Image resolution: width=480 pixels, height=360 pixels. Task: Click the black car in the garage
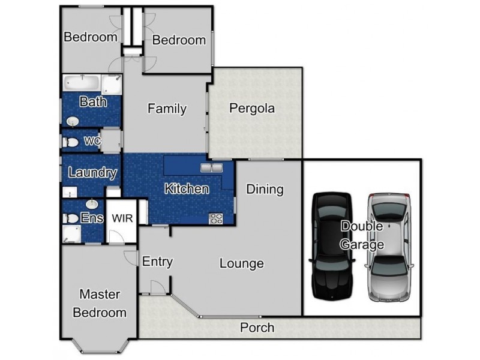click(332, 246)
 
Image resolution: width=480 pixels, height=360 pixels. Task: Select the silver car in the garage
click(389, 247)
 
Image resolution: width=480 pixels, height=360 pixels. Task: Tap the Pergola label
click(252, 109)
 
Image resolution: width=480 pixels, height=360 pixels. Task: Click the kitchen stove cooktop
click(216, 218)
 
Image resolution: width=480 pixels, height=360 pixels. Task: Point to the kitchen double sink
click(212, 168)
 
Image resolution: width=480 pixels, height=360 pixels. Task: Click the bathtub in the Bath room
click(82, 83)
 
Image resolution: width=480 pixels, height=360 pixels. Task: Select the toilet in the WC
click(70, 142)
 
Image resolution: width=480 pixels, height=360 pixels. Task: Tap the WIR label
click(122, 218)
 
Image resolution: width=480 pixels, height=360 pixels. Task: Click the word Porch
click(257, 328)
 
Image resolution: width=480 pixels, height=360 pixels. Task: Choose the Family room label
click(167, 109)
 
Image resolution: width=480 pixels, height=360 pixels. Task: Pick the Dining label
click(265, 190)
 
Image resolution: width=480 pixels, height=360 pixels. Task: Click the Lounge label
click(242, 263)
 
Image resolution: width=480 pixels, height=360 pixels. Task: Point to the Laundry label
click(92, 173)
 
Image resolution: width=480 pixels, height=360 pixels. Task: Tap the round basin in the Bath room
click(73, 122)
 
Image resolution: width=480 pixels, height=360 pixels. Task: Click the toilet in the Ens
click(71, 218)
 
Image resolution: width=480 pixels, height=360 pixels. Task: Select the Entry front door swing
click(158, 287)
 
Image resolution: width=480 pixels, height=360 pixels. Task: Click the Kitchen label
click(187, 189)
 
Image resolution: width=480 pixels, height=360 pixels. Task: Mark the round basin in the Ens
click(92, 203)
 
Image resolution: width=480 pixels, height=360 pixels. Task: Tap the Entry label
click(157, 262)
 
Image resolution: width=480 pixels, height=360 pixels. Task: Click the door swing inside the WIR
click(116, 237)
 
